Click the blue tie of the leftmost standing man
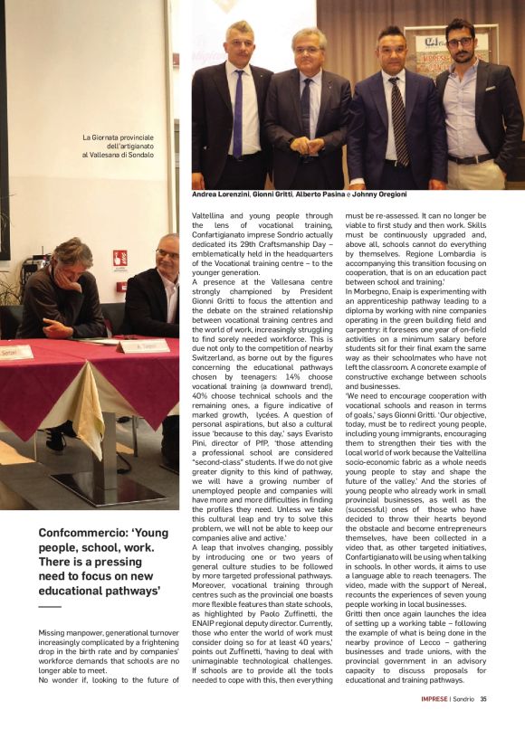[238, 113]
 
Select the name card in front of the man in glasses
[143, 346]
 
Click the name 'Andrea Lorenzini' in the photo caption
[223, 194]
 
